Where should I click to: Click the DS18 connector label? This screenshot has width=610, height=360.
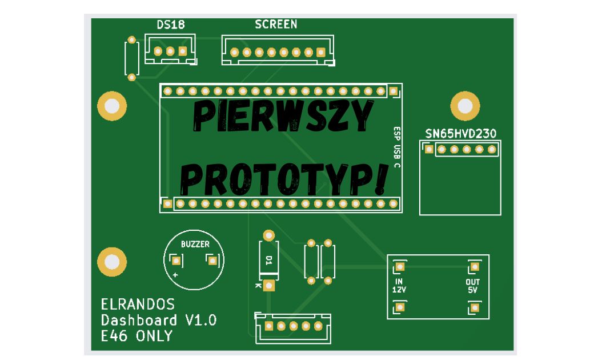170,25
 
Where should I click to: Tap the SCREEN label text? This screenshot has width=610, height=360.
276,24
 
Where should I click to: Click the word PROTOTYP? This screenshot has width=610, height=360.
283,178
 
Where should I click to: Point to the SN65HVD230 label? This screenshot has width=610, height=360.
460,133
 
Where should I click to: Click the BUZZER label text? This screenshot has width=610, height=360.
195,244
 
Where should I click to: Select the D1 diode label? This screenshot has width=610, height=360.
269,260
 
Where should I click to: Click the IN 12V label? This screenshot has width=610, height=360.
399,286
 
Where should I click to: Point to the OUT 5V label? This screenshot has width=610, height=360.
473,286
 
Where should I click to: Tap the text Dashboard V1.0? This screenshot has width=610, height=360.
159,320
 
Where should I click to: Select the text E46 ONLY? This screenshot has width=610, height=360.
137,336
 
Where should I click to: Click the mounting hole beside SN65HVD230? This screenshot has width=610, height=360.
465,106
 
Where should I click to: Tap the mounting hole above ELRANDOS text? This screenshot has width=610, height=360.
111,262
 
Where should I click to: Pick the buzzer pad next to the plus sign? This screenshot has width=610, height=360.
176,261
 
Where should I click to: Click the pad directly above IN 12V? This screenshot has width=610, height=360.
399,266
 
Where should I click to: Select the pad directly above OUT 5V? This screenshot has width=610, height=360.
473,266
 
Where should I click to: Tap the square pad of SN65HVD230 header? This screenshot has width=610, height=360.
428,150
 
